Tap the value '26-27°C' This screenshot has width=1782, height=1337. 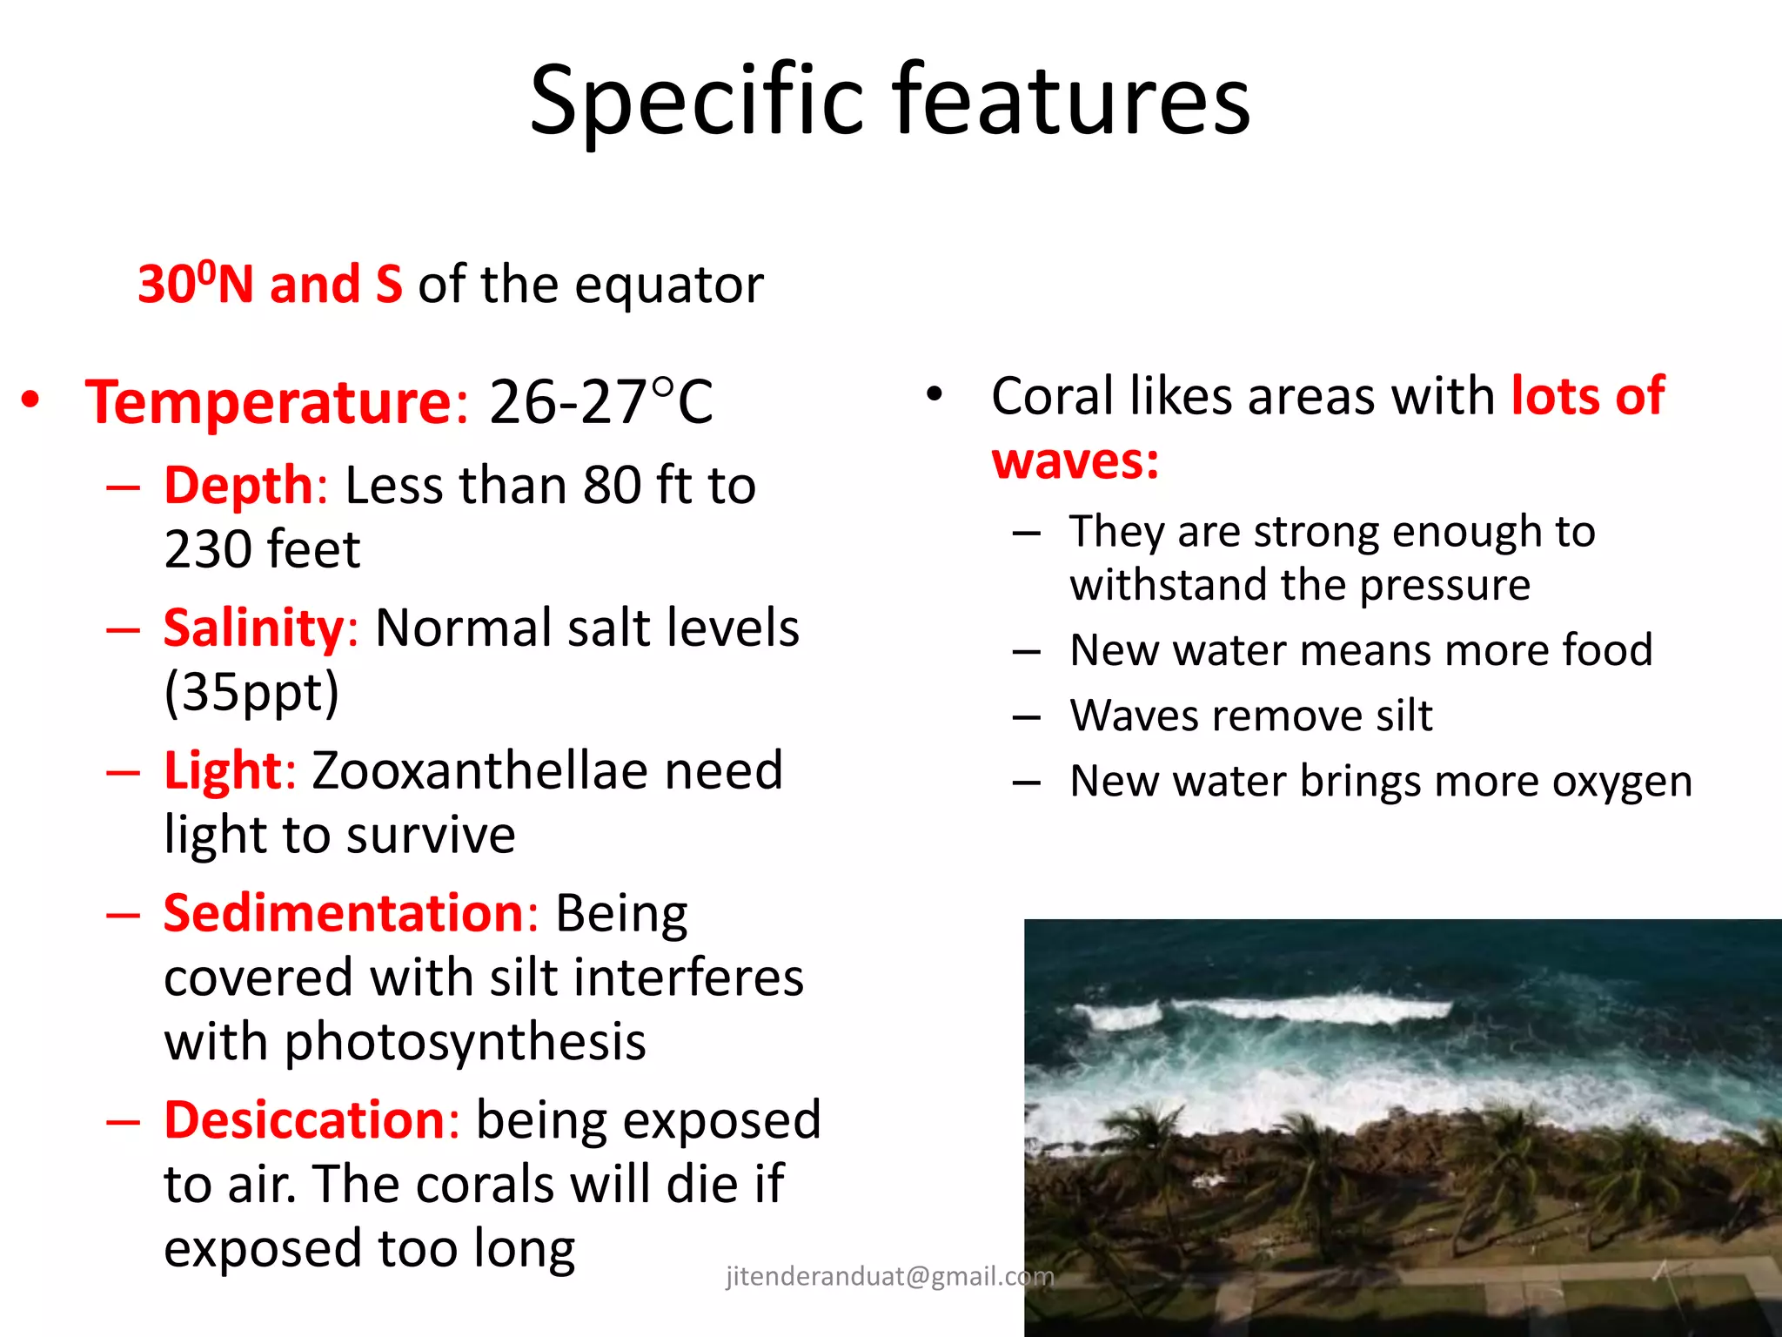(600, 402)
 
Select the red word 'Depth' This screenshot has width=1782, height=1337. (238, 485)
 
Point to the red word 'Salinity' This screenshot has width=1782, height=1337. (253, 628)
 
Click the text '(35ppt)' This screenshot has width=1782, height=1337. (251, 692)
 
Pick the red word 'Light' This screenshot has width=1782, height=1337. (223, 770)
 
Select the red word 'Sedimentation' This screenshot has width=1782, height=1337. (345, 913)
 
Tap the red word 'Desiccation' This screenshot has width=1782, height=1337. (305, 1119)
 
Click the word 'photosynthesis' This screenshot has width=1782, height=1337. (465, 1042)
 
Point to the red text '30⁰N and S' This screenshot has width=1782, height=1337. (270, 284)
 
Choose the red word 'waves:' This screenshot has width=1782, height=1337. (1075, 460)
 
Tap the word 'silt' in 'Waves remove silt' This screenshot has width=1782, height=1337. (1403, 716)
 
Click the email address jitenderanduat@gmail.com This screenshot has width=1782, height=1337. (889, 1276)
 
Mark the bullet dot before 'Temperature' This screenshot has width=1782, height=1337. (31, 400)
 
